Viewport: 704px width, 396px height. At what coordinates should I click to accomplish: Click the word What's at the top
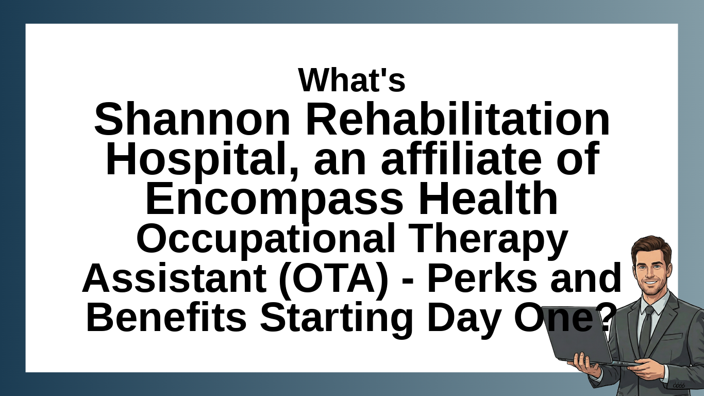click(x=351, y=80)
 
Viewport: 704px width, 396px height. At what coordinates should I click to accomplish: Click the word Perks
click(x=482, y=277)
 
